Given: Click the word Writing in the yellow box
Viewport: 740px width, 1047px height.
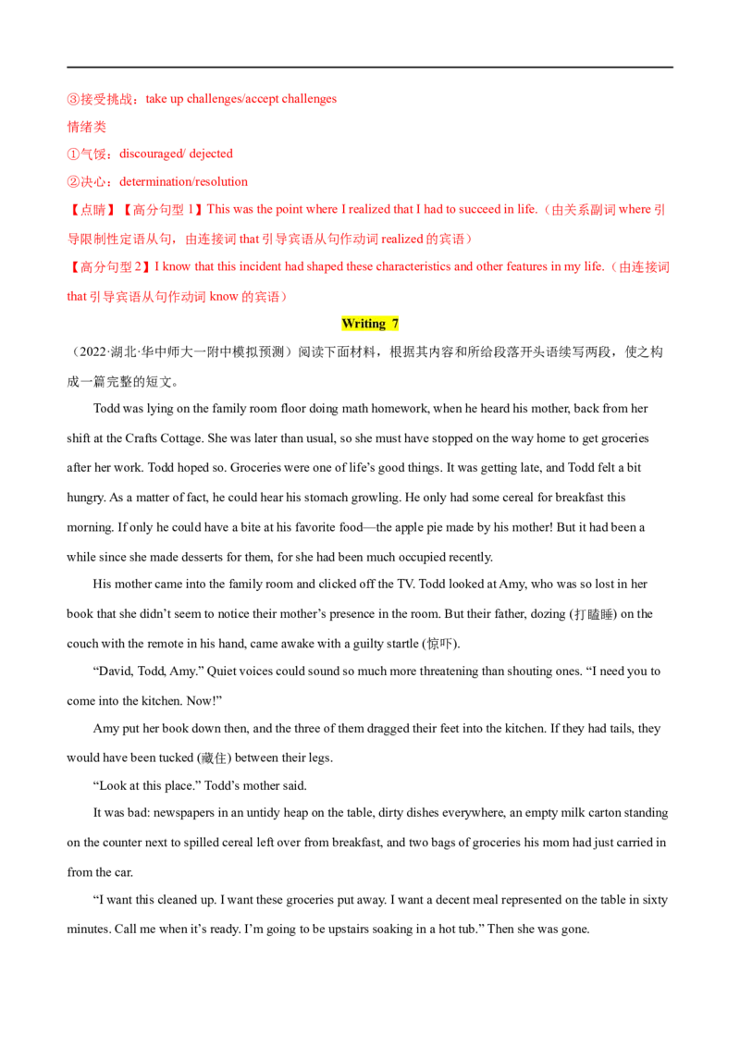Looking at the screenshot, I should point(363,324).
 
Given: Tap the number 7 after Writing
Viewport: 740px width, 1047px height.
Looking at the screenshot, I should point(395,324).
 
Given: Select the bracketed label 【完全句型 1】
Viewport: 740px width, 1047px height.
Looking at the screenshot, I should point(154,210).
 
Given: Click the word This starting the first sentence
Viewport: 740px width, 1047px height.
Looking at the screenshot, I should point(216,210).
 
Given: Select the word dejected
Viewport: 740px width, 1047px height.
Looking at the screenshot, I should point(215,154).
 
